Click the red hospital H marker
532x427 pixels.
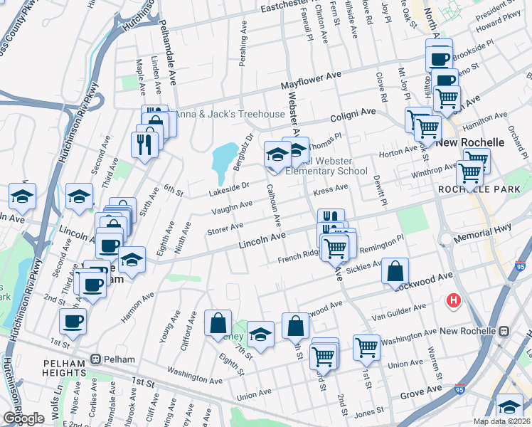pos(453,301)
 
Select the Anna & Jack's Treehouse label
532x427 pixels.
pos(229,115)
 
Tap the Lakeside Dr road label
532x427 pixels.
pos(228,189)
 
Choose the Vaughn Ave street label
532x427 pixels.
pos(231,209)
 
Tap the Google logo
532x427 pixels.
pos(23,418)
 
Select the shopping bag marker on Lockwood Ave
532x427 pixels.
pos(395,271)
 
